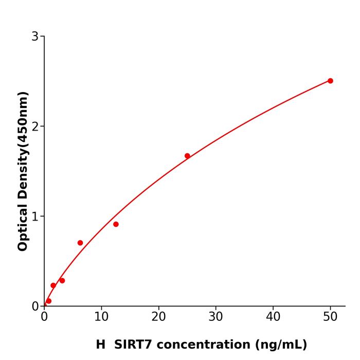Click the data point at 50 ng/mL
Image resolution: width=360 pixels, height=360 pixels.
click(x=330, y=81)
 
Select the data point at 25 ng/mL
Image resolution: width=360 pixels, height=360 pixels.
click(x=187, y=156)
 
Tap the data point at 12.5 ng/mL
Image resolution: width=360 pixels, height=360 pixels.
click(x=116, y=224)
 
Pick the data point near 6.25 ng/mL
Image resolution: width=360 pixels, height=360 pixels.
click(x=80, y=243)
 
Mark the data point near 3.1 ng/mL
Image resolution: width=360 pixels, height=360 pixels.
click(x=62, y=281)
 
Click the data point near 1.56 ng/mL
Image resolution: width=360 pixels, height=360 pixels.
click(x=53, y=285)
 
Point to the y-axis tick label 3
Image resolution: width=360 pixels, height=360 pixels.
click(x=35, y=37)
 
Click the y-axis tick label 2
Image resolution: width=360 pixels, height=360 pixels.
click(x=35, y=127)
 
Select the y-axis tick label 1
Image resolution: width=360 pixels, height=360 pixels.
click(x=35, y=217)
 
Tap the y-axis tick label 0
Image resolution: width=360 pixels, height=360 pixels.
click(x=35, y=307)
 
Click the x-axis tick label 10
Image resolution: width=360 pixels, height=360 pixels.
click(x=101, y=317)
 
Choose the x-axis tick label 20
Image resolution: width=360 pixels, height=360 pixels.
click(x=158, y=317)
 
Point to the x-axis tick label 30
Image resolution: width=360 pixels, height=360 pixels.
click(x=216, y=317)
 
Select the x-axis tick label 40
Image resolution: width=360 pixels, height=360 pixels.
click(x=273, y=317)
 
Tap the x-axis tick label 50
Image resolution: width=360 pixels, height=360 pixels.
click(x=330, y=317)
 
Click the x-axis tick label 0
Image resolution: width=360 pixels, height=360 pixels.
click(x=44, y=317)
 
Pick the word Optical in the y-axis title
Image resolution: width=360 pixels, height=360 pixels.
click(x=23, y=226)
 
